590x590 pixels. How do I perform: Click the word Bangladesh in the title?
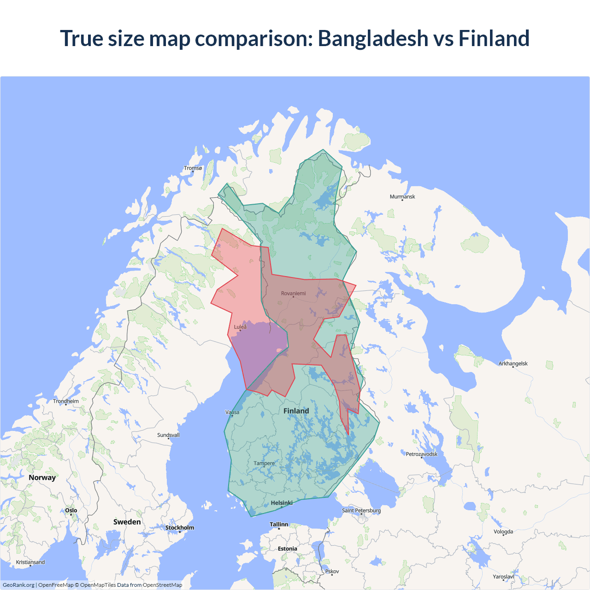pyautogui.click(x=373, y=38)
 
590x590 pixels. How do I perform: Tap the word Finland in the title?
pyautogui.click(x=494, y=38)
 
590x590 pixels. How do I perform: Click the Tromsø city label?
pyautogui.click(x=193, y=168)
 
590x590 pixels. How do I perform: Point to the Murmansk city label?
pyautogui.click(x=402, y=197)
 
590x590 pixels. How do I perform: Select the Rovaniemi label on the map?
pyautogui.click(x=293, y=294)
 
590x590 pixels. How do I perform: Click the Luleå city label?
pyautogui.click(x=240, y=327)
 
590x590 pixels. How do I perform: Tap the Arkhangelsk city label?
pyautogui.click(x=513, y=364)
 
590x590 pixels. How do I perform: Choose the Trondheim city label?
pyautogui.click(x=66, y=401)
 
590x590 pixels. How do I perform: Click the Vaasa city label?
pyautogui.click(x=232, y=412)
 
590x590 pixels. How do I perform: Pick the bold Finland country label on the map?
pyautogui.click(x=296, y=411)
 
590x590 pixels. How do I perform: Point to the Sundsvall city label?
pyautogui.click(x=168, y=435)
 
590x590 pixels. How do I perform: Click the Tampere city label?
pyautogui.click(x=264, y=463)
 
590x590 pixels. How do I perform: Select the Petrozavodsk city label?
pyautogui.click(x=422, y=454)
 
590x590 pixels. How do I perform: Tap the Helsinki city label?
pyautogui.click(x=282, y=503)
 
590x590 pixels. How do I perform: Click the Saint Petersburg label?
pyautogui.click(x=361, y=511)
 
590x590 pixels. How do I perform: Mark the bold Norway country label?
pyautogui.click(x=42, y=478)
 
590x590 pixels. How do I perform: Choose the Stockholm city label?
pyautogui.click(x=180, y=528)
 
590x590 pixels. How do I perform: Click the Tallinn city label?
pyautogui.click(x=279, y=525)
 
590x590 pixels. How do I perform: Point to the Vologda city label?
pyautogui.click(x=503, y=532)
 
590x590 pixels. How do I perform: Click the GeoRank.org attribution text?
pyautogui.click(x=18, y=585)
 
